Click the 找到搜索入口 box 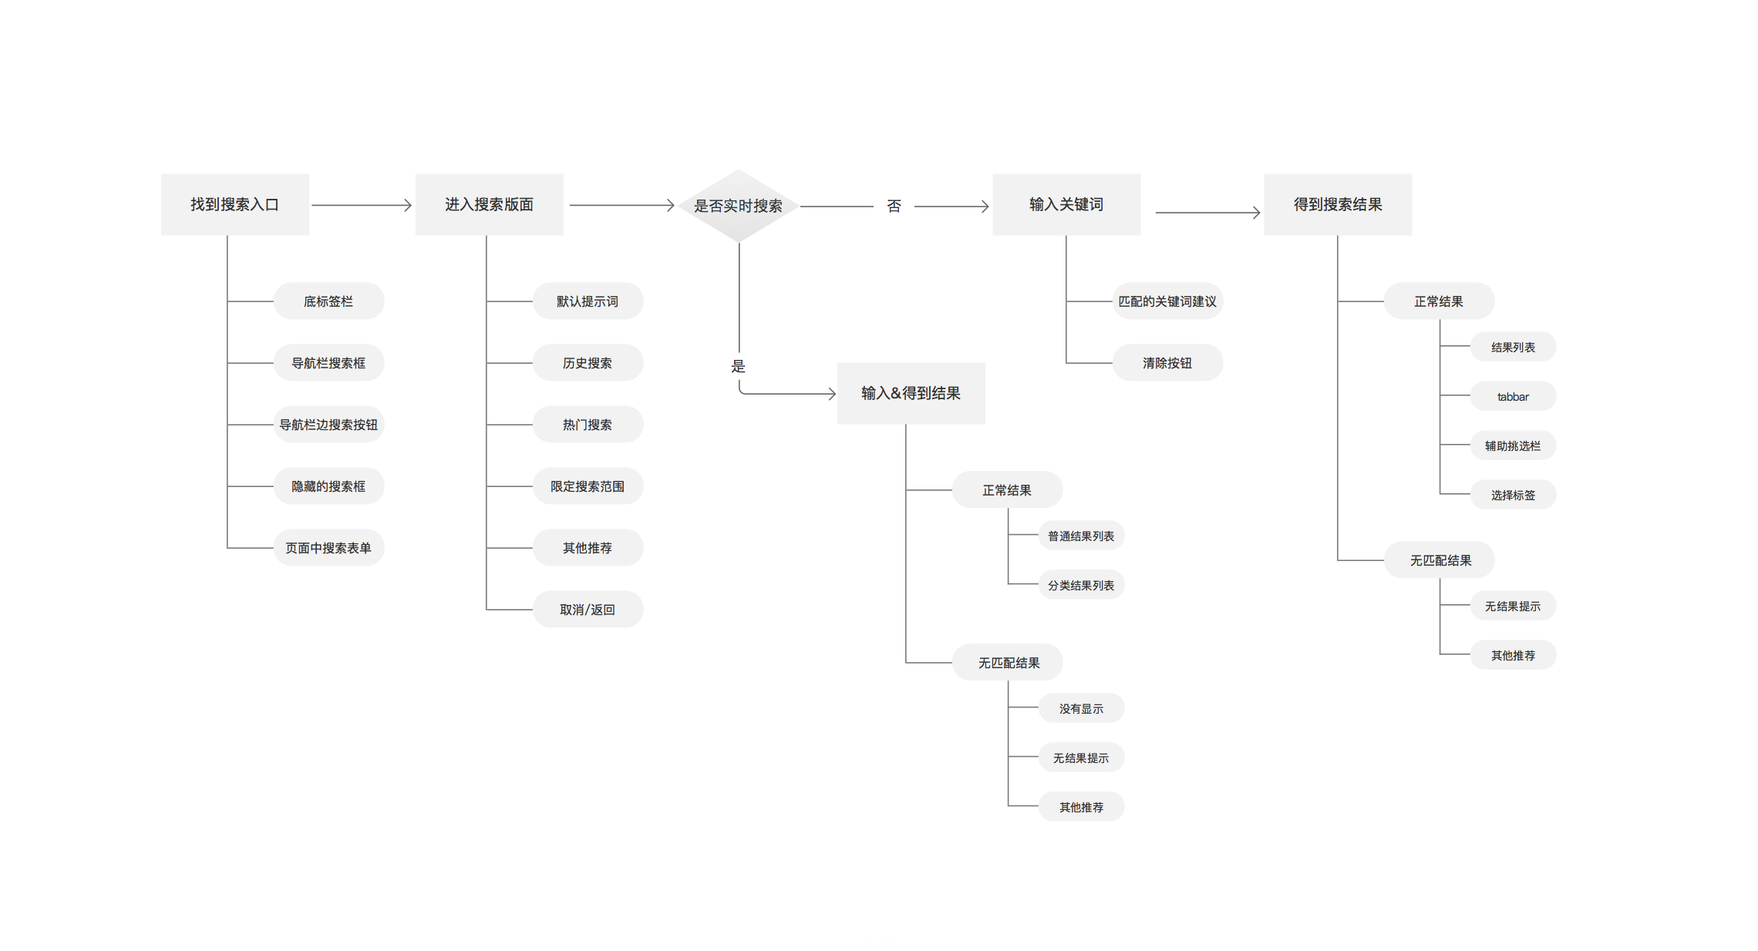pyautogui.click(x=234, y=204)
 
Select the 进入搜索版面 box pyautogui.click(x=489, y=204)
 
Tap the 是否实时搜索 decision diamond pyautogui.click(x=738, y=206)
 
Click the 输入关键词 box pyautogui.click(x=1066, y=204)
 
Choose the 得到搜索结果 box pyautogui.click(x=1337, y=204)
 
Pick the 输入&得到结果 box pyautogui.click(x=911, y=393)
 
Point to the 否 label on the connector pyautogui.click(x=894, y=206)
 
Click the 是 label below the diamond pyautogui.click(x=738, y=366)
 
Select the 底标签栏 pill pyautogui.click(x=328, y=301)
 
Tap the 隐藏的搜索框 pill pyautogui.click(x=328, y=486)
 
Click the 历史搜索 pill pyautogui.click(x=588, y=362)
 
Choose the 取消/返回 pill pyautogui.click(x=588, y=609)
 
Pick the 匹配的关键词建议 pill pyautogui.click(x=1167, y=301)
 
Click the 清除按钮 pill pyautogui.click(x=1167, y=362)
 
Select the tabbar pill pyautogui.click(x=1513, y=396)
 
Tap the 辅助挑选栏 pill pyautogui.click(x=1513, y=445)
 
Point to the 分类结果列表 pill pyautogui.click(x=1081, y=585)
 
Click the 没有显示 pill pyautogui.click(x=1081, y=708)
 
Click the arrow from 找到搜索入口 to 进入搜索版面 pyautogui.click(x=361, y=205)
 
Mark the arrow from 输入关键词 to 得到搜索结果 pyautogui.click(x=1207, y=212)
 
